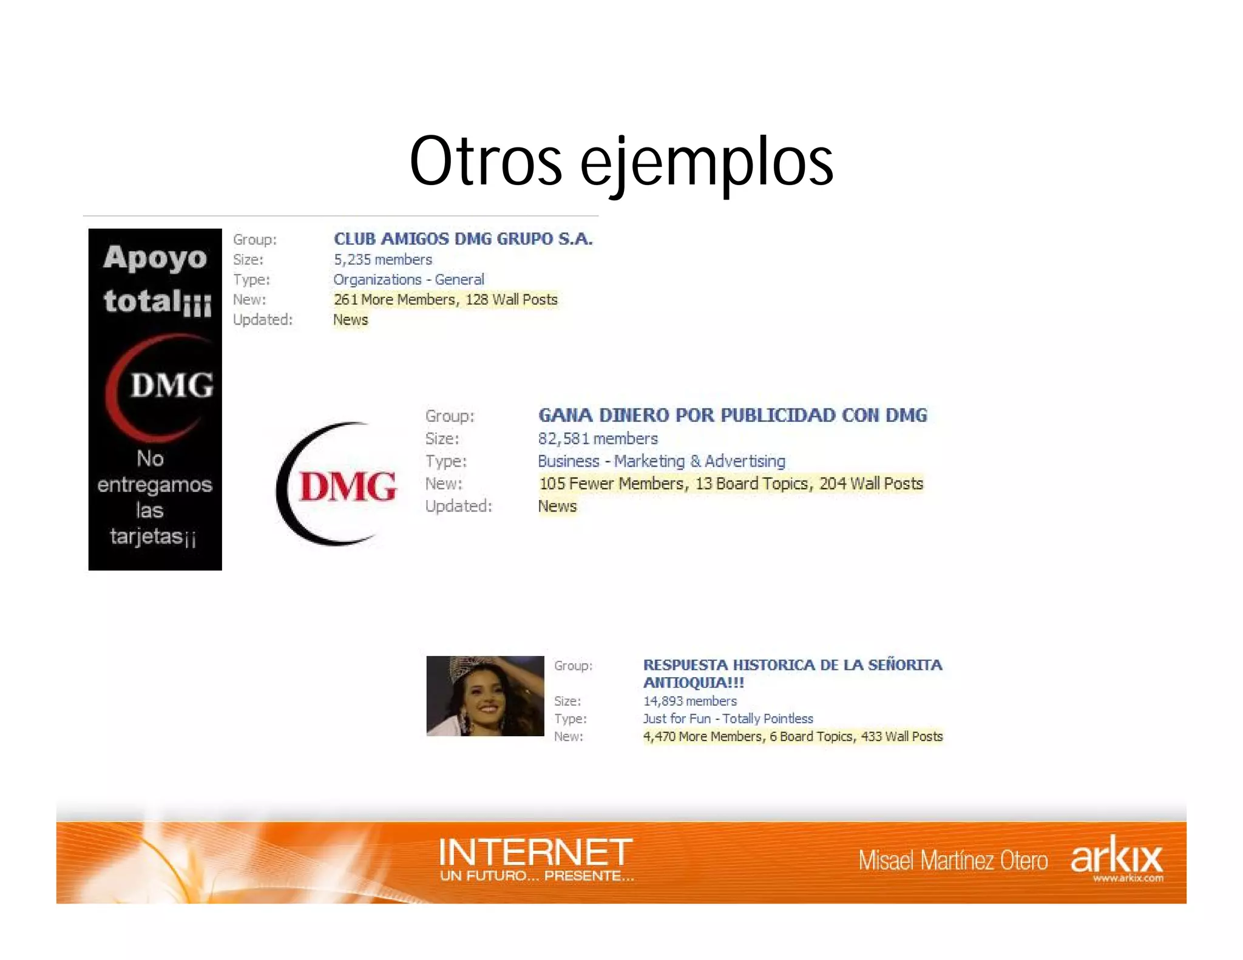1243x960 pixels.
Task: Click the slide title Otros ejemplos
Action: click(621, 161)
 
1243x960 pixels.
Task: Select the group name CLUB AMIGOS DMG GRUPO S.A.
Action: click(462, 239)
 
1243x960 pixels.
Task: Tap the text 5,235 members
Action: click(382, 260)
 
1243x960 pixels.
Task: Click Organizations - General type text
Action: click(408, 280)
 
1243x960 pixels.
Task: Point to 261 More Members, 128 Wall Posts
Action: click(445, 300)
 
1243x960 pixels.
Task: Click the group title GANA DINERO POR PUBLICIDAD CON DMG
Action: click(732, 416)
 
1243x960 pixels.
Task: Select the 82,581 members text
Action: click(597, 439)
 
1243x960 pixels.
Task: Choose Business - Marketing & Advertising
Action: click(661, 461)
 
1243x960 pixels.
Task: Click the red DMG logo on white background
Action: click(340, 485)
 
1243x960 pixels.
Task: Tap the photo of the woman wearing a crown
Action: click(485, 696)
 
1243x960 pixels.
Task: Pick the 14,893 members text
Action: click(689, 701)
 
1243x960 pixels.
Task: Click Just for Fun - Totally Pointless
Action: click(728, 719)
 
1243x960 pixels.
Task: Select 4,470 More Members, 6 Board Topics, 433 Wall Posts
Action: click(792, 737)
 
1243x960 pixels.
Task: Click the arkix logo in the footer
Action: click(1116, 857)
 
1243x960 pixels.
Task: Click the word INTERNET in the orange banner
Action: click(535, 852)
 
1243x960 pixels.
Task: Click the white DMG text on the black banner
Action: click(172, 385)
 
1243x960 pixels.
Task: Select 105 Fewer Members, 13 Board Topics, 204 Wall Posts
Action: click(731, 484)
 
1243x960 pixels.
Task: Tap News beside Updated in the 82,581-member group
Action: click(557, 506)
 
